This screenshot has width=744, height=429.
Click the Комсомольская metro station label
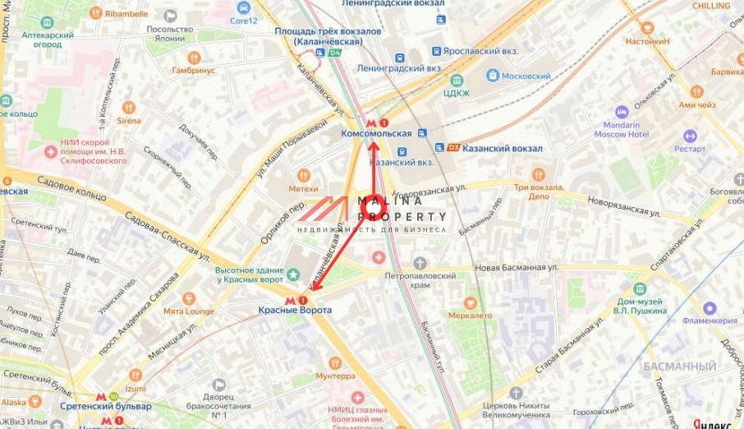(375, 133)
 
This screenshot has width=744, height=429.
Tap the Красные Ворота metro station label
(295, 310)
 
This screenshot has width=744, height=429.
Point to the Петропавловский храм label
(420, 280)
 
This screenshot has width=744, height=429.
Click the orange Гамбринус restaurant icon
(194, 58)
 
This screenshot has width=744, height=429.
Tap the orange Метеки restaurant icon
(303, 175)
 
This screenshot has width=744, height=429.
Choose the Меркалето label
(470, 315)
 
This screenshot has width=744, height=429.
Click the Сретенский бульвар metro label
(106, 406)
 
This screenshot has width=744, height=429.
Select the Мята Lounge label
(188, 311)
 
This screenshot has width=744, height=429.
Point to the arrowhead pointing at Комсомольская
(373, 145)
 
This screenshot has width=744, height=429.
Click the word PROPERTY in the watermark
(402, 217)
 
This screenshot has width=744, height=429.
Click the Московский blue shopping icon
(493, 76)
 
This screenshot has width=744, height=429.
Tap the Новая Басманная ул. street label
(516, 267)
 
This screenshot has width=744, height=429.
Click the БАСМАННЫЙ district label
(679, 366)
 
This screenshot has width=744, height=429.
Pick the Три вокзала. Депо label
(539, 191)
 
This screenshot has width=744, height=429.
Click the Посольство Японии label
(170, 34)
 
